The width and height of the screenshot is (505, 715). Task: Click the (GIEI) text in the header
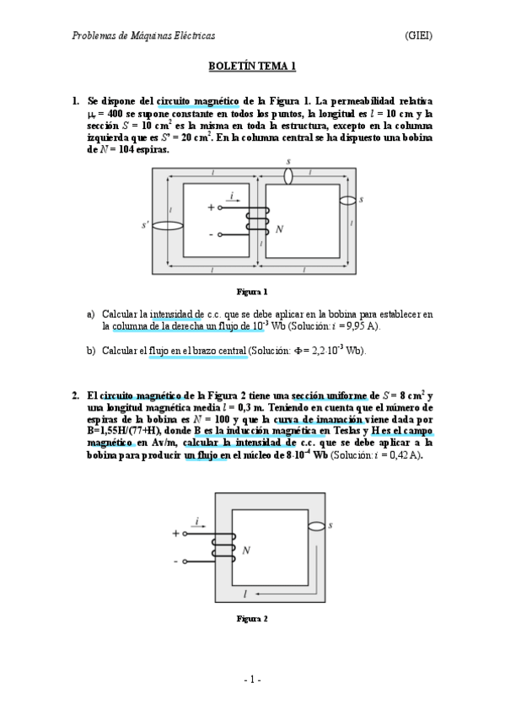pyautogui.click(x=419, y=35)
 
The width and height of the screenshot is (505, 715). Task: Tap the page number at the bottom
pyautogui.click(x=252, y=680)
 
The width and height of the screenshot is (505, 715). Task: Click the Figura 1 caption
pyautogui.click(x=252, y=293)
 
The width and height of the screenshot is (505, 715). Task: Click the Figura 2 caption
pyautogui.click(x=252, y=619)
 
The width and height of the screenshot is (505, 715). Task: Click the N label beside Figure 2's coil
pyautogui.click(x=246, y=551)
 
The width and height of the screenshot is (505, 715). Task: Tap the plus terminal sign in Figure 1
pyautogui.click(x=211, y=207)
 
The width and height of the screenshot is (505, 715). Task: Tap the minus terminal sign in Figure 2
pyautogui.click(x=175, y=560)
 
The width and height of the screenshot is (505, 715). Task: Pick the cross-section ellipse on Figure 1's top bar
pyautogui.click(x=289, y=176)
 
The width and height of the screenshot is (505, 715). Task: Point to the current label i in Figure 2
pyautogui.click(x=197, y=522)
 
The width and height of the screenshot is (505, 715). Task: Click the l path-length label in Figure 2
pyautogui.click(x=245, y=594)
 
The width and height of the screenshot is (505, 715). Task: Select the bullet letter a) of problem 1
pyautogui.click(x=91, y=314)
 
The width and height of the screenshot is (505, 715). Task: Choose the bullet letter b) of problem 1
pyautogui.click(x=91, y=350)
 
